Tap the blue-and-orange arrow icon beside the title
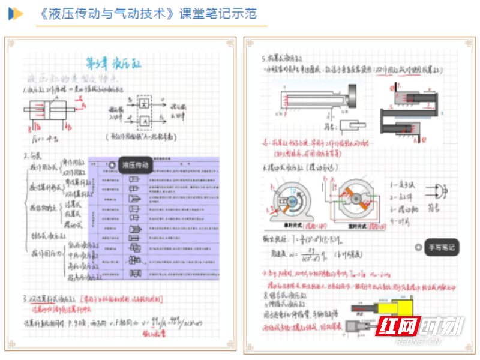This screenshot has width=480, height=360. click(x=16, y=14)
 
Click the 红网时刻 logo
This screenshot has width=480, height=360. click(x=421, y=328)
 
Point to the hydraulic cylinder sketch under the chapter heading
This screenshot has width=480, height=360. click(x=50, y=112)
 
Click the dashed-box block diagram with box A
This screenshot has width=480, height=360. click(x=145, y=112)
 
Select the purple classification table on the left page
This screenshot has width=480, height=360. click(x=153, y=218)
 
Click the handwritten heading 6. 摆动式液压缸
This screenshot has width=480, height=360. click(x=303, y=167)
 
